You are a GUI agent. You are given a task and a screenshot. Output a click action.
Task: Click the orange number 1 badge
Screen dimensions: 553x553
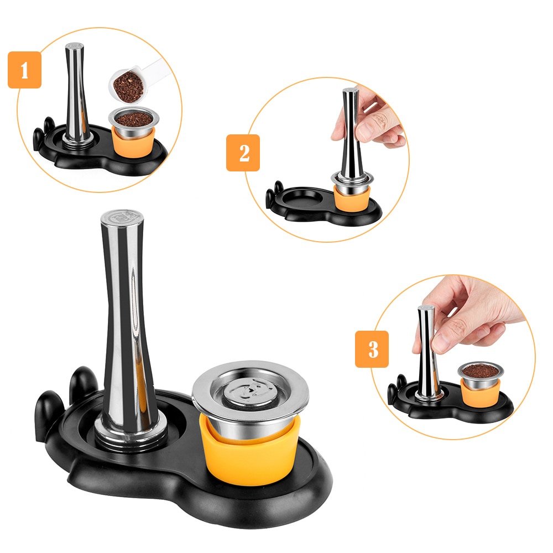(x=24, y=70)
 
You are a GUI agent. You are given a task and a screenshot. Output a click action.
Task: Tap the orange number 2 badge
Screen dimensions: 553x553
(x=243, y=153)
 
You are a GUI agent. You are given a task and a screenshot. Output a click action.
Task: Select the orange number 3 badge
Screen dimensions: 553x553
(x=372, y=349)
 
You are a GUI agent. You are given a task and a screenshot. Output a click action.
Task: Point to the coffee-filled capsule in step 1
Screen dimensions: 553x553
(x=134, y=121)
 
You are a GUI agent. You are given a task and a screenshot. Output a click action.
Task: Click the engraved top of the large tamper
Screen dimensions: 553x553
(x=122, y=217)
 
